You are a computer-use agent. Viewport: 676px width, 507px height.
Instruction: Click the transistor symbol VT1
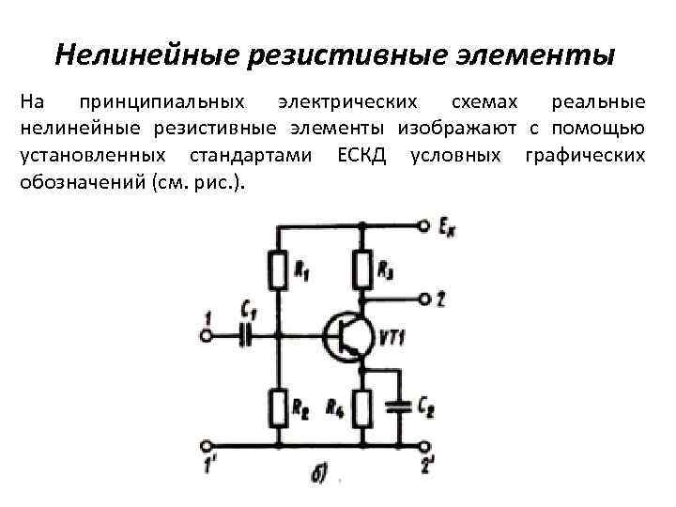tap(345, 335)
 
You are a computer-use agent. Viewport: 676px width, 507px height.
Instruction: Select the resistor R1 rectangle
tap(278, 271)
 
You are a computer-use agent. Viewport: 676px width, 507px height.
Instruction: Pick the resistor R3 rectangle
tap(363, 271)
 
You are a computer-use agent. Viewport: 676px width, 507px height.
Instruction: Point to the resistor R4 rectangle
tap(363, 407)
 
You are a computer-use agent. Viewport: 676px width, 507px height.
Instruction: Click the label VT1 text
tap(392, 336)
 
